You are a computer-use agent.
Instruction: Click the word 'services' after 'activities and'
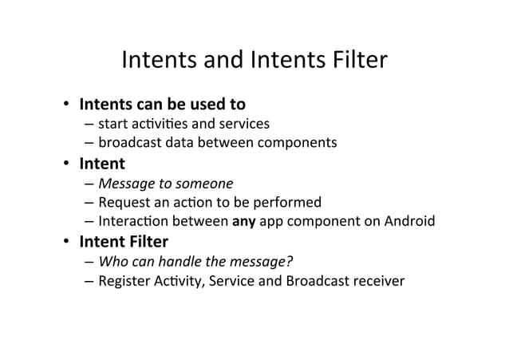tap(243, 124)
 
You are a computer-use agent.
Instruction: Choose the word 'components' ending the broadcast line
tap(293, 144)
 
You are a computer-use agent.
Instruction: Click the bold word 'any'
tap(242, 221)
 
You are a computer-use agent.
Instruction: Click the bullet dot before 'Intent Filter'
tap(69, 242)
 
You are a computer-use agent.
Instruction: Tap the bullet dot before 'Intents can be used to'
tap(69, 105)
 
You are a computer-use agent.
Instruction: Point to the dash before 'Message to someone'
tap(87, 184)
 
